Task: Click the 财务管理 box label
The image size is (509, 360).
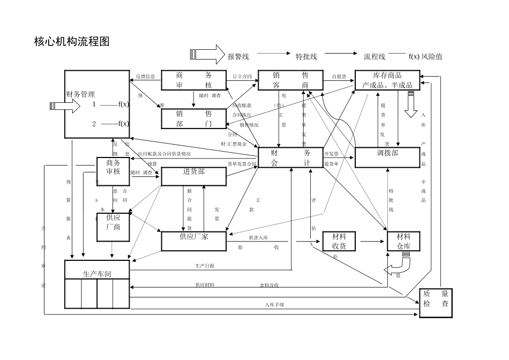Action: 80,94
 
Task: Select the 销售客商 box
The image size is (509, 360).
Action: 290,80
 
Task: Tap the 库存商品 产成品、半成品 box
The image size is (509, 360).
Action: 387,80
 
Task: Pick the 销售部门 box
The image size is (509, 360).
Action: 193,119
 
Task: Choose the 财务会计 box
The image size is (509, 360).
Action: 290,157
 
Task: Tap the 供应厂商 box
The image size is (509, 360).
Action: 113,222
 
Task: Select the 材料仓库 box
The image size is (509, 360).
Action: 403,241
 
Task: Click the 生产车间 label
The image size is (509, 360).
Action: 97,274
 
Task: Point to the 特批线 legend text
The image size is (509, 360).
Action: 306,57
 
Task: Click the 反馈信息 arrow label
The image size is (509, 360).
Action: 145,77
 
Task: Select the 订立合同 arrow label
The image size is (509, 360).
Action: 242,77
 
